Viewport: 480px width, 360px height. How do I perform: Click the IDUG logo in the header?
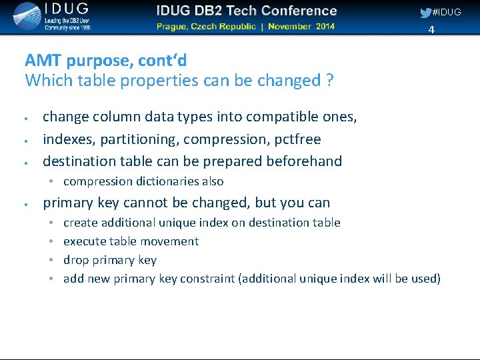[x=51, y=17]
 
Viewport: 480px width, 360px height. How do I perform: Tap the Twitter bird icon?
[x=425, y=13]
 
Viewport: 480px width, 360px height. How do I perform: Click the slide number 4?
[x=431, y=30]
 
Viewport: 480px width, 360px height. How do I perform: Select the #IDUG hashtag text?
[x=447, y=12]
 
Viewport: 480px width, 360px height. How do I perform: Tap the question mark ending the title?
[x=329, y=81]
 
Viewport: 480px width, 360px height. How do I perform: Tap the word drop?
[x=75, y=260]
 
